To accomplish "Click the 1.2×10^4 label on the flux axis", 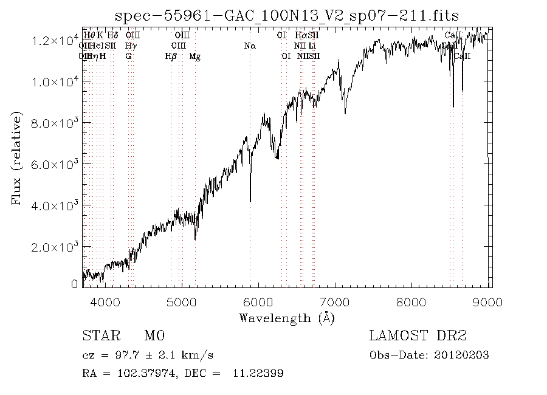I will click(55, 41).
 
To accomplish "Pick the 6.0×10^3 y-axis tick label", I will click(55, 165).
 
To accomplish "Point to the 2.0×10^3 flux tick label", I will click(55, 247).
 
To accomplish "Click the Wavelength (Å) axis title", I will click(287, 317).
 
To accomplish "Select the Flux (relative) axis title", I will click(17, 157).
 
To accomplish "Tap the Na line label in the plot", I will click(249, 46).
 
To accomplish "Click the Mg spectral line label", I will click(195, 57).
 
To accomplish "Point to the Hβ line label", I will click(171, 57).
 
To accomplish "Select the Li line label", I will click(312, 46).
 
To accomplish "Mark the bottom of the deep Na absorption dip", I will click(250, 201).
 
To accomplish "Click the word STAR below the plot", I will click(97, 336).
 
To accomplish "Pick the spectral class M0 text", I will click(154, 336).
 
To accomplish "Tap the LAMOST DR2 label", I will click(418, 336).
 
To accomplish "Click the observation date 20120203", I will click(466, 355).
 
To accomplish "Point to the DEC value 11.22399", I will click(258, 373).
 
